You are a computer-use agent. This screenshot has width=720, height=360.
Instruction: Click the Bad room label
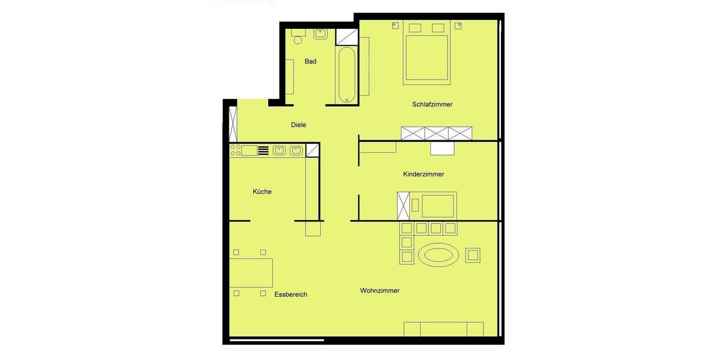[310, 61]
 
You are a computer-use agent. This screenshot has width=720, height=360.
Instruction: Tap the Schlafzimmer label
[432, 104]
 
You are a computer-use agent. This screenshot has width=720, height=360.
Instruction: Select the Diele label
[298, 125]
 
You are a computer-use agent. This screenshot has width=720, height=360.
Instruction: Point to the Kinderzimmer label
[424, 175]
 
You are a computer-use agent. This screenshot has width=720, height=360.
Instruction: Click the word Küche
[262, 192]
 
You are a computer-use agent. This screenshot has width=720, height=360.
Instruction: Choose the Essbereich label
[290, 295]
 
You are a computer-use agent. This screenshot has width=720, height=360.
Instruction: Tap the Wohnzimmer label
[380, 291]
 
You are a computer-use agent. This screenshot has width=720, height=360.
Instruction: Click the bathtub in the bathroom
[346, 75]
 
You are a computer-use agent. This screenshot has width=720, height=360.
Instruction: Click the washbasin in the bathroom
[320, 34]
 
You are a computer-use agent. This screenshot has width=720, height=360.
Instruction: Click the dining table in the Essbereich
[251, 272]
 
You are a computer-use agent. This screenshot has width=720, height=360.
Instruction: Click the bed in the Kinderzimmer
[439, 205]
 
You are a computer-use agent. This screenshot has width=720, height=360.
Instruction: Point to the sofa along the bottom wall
[443, 329]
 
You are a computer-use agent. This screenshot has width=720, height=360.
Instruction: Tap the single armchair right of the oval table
[473, 255]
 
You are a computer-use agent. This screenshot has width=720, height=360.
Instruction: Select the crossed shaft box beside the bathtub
[345, 37]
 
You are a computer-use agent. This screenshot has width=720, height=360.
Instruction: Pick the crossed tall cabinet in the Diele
[233, 124]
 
